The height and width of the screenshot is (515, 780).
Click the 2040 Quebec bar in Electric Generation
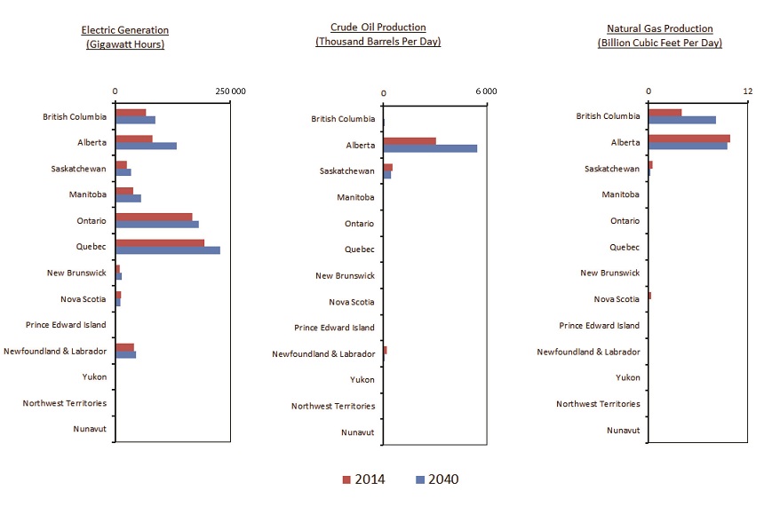[167, 250]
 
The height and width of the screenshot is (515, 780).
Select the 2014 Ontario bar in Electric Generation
[153, 217]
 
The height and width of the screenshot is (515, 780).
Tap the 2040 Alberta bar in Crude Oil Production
[430, 148]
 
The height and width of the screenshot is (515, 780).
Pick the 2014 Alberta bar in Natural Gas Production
[688, 139]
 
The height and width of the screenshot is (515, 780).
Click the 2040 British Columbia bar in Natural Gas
[681, 120]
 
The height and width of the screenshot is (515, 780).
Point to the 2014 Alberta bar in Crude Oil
[410, 141]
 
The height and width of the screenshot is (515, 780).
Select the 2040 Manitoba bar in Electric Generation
[128, 198]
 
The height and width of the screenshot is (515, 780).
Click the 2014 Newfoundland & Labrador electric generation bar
[124, 347]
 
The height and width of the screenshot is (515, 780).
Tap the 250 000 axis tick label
[230, 91]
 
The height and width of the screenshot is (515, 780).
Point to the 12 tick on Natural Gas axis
[747, 91]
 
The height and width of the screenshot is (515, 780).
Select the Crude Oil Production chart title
[378, 35]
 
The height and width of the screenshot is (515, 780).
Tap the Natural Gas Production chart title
[659, 36]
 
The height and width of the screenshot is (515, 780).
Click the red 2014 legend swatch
[347, 480]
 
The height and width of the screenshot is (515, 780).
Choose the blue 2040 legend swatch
[420, 480]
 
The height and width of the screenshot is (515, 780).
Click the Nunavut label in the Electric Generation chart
[90, 429]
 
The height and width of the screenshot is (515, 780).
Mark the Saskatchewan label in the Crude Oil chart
[346, 171]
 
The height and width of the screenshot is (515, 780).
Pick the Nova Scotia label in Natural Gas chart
[617, 299]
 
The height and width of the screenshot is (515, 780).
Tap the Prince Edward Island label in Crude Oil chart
[334, 328]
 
